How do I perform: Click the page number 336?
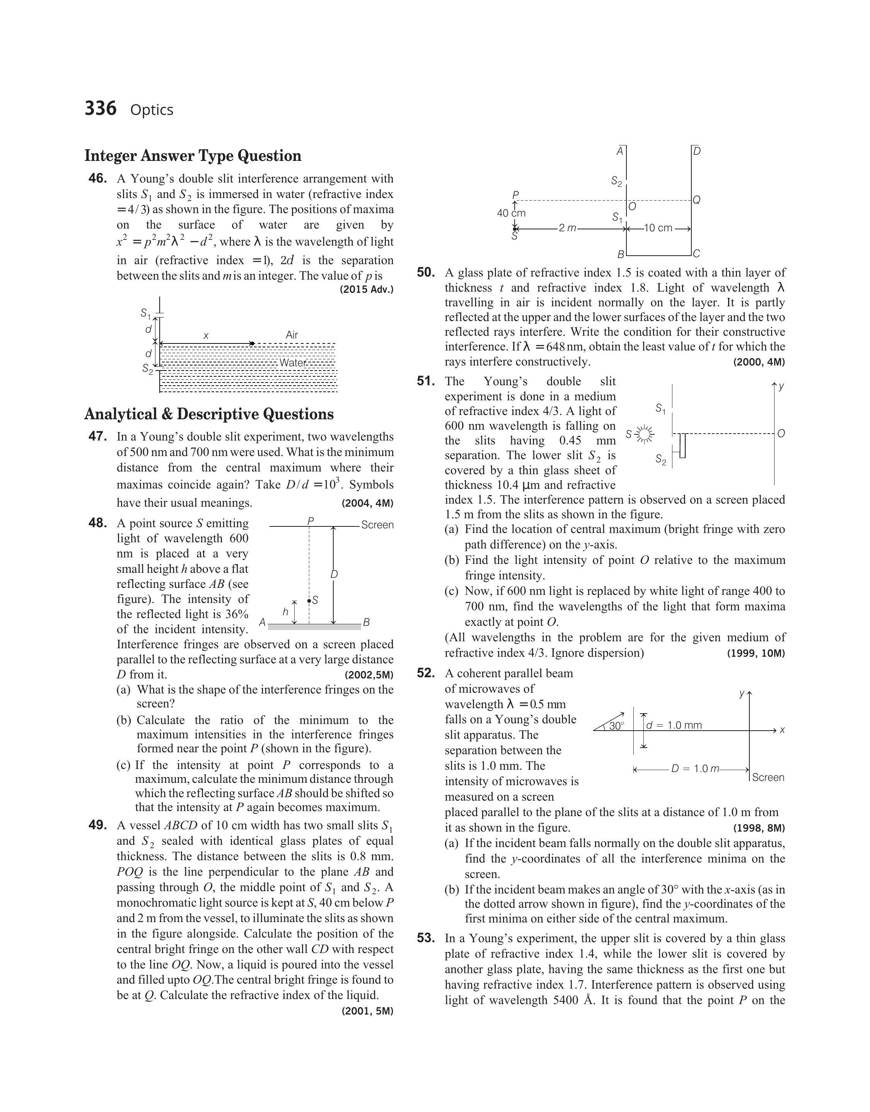pyautogui.click(x=101, y=109)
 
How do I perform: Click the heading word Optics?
pyautogui.click(x=152, y=110)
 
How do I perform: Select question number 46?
pyautogui.click(x=98, y=178)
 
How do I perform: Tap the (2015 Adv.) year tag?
pyautogui.click(x=367, y=290)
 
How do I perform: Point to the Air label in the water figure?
pyautogui.click(x=292, y=335)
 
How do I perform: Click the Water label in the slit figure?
pyautogui.click(x=293, y=363)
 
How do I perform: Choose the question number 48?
pyautogui.click(x=98, y=523)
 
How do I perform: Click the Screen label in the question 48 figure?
pyautogui.click(x=377, y=525)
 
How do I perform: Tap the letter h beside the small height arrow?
pyautogui.click(x=285, y=612)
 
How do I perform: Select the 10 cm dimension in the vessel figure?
pyautogui.click(x=658, y=228)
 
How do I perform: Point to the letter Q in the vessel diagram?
pyautogui.click(x=697, y=200)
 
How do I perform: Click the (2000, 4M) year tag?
pyautogui.click(x=759, y=362)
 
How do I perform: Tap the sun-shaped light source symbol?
pyautogui.click(x=645, y=434)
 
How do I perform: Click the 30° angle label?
pyautogui.click(x=616, y=726)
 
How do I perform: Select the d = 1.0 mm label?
pyautogui.click(x=674, y=725)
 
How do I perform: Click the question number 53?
pyautogui.click(x=426, y=938)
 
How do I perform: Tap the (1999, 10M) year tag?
pyautogui.click(x=756, y=653)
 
